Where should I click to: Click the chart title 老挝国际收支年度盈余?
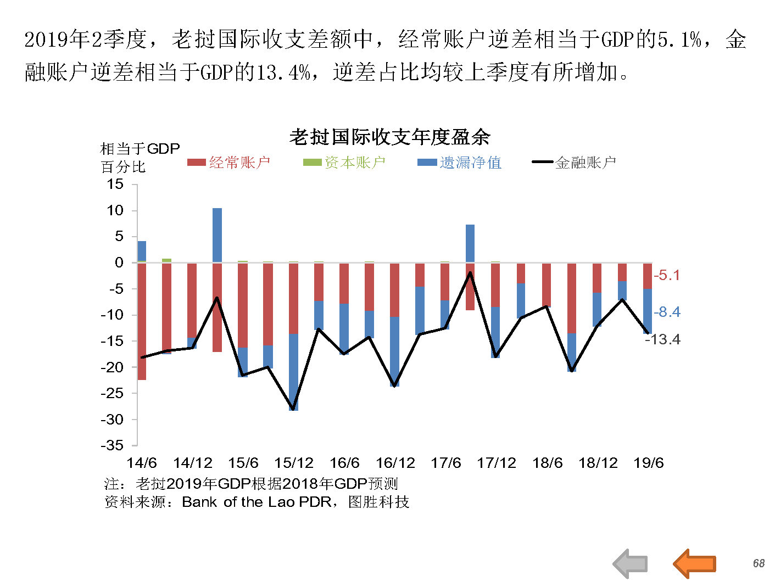(389, 137)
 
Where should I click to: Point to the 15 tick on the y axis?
(115, 184)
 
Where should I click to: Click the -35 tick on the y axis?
(112, 445)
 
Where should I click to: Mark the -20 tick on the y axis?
(112, 367)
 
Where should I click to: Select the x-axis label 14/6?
(142, 463)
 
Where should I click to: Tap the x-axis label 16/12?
(395, 463)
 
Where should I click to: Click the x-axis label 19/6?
(648, 463)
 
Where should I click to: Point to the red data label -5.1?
(667, 275)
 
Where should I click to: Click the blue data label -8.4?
(667, 312)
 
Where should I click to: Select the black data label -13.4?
(663, 339)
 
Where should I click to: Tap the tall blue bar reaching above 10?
(218, 235)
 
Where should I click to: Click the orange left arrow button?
(695, 563)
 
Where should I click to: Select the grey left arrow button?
(631, 563)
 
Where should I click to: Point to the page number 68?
(759, 563)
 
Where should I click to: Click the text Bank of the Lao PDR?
(257, 502)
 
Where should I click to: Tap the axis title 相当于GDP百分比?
(140, 158)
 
